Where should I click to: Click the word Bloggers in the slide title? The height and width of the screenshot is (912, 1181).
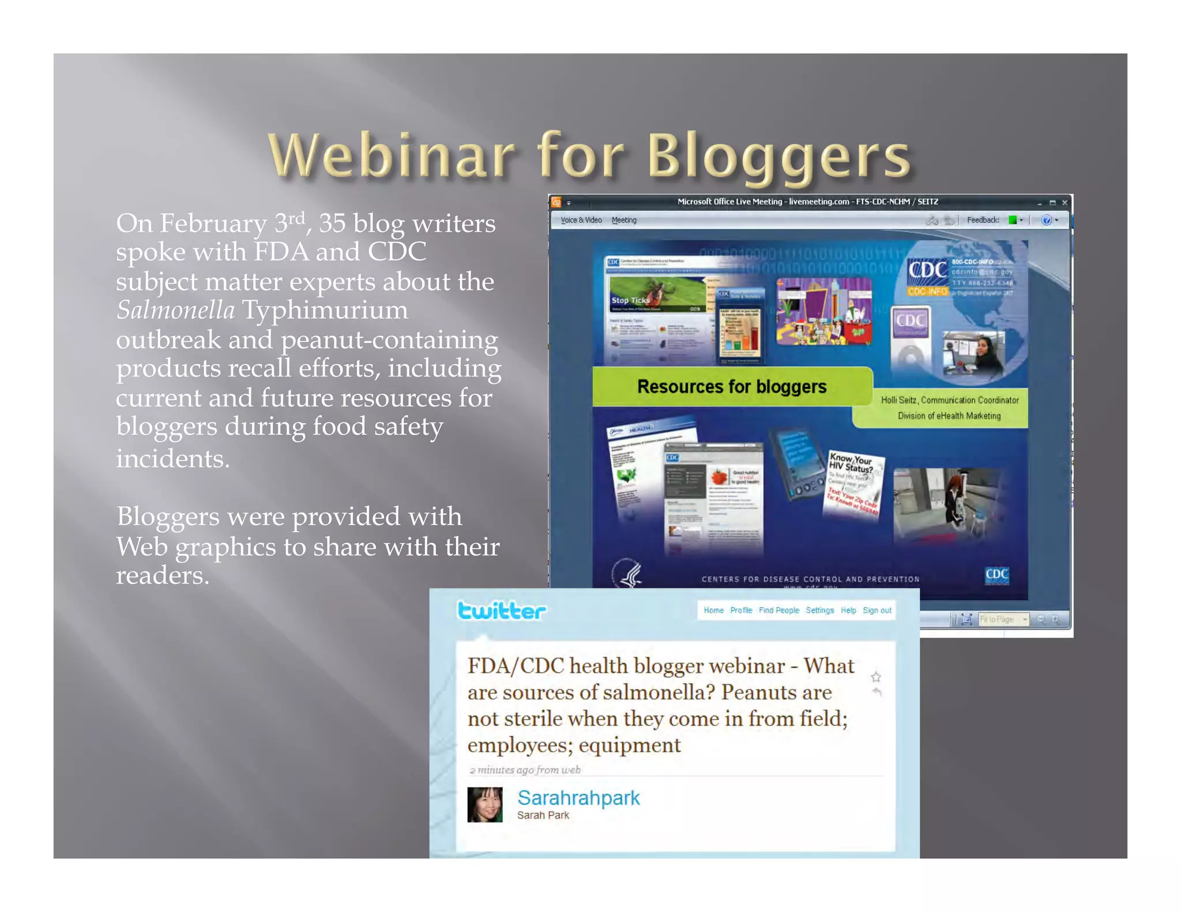point(778,156)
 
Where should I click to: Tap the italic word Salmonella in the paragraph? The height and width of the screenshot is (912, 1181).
point(175,310)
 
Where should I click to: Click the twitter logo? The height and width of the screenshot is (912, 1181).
point(501,610)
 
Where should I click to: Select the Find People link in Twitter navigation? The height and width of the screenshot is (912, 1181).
point(778,610)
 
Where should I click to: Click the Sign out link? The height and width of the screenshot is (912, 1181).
point(877,610)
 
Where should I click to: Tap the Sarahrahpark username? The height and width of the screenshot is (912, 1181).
point(578,798)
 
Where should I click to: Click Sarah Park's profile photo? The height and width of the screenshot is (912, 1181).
point(484,804)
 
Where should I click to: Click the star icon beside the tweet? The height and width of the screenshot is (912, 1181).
point(875,677)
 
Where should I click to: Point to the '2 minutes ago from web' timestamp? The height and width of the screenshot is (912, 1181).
point(525,770)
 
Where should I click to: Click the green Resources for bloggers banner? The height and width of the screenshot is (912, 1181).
point(731,386)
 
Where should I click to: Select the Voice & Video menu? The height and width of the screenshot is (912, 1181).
point(581,220)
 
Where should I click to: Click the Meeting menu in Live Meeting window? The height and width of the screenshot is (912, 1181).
point(624,220)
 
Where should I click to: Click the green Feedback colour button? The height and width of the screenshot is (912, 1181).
point(1012,220)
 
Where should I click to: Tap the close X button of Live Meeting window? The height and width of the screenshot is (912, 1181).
point(1065,203)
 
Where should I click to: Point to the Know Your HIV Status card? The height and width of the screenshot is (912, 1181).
point(852,484)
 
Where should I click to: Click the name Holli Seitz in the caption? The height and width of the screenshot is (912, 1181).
point(899,400)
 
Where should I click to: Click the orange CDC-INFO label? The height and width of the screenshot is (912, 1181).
point(927,292)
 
